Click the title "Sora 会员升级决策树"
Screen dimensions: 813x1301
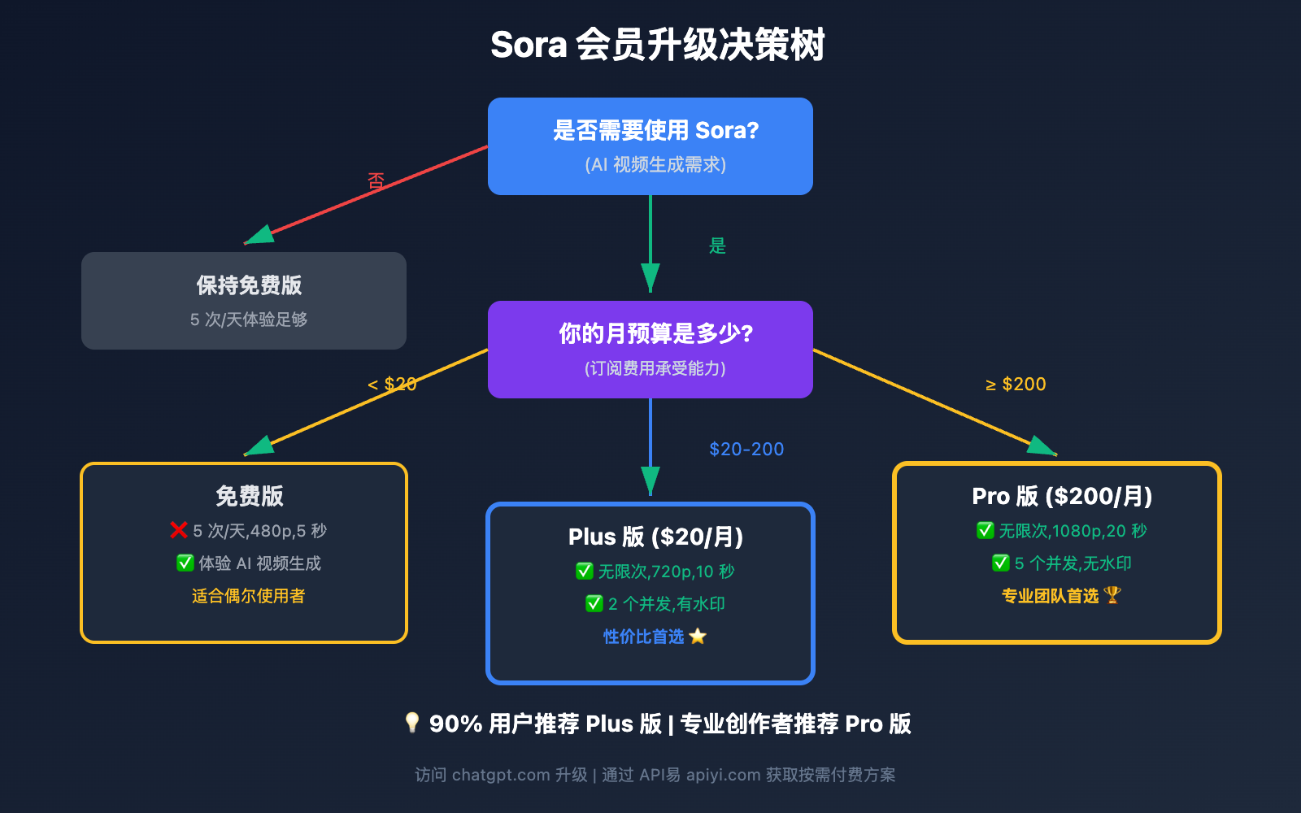[657, 45]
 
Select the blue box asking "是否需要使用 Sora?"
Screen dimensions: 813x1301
[650, 146]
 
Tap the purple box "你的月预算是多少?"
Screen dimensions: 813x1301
[650, 350]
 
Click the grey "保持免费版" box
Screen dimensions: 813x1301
[244, 301]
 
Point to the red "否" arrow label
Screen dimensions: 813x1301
[376, 180]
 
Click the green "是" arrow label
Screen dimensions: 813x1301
[717, 246]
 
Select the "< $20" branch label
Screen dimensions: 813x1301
[392, 384]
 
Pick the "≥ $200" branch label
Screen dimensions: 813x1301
[1016, 384]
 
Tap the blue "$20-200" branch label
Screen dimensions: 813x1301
[746, 449]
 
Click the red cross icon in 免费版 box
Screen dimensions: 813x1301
[179, 530]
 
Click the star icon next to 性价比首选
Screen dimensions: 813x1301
[698, 637]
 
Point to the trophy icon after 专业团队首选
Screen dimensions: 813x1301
[1112, 595]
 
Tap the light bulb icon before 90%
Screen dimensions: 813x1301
[412, 722]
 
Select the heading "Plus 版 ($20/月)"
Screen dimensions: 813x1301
[655, 537]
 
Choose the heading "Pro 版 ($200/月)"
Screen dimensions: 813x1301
[1062, 496]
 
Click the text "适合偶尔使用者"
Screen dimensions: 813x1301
[248, 596]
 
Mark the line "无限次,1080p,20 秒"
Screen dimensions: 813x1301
[1073, 531]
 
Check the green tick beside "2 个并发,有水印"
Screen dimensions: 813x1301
[594, 603]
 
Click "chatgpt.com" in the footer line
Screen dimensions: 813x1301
[501, 775]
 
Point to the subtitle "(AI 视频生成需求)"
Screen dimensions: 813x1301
[655, 165]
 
